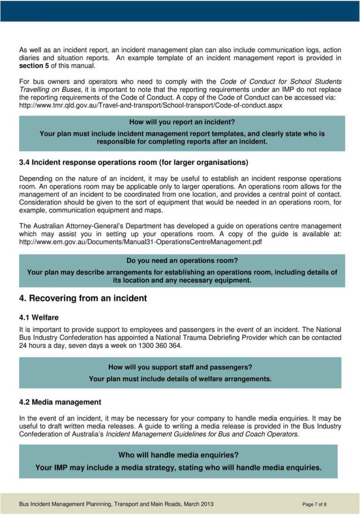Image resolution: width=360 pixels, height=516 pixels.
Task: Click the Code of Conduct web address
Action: tap(150, 105)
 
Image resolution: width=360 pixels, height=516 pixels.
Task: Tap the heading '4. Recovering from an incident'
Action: tap(83, 298)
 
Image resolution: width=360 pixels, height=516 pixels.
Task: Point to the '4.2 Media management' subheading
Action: tap(60, 402)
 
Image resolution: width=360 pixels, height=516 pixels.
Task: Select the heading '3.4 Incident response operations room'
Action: tap(133, 163)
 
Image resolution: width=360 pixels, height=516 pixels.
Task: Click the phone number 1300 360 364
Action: tap(160, 346)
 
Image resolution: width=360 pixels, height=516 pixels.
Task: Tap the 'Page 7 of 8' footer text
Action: tap(315, 504)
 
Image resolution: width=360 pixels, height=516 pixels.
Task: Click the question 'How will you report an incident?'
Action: tap(182, 122)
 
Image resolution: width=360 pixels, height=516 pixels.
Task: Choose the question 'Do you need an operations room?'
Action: tap(182, 260)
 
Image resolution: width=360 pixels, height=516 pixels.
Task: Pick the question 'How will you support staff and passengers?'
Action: tap(180, 367)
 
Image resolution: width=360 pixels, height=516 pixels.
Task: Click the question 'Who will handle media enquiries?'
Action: tap(178, 455)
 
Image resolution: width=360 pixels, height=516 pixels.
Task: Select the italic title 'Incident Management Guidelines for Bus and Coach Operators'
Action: tap(202, 434)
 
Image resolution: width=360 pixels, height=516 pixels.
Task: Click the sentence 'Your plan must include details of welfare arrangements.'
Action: tap(180, 379)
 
